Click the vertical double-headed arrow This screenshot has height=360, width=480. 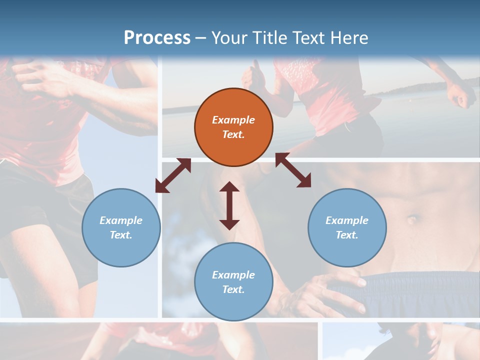coord(229,206)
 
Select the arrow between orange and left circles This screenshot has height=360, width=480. coord(173,175)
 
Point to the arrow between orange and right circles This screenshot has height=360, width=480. coord(293,170)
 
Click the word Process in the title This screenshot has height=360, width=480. coord(157,38)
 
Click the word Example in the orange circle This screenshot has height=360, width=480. coord(233,120)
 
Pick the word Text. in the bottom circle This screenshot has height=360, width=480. coord(233,289)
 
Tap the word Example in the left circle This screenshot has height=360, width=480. coord(121,220)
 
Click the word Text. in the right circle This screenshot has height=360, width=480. coord(347,235)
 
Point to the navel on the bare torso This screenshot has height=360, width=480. coord(412,219)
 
